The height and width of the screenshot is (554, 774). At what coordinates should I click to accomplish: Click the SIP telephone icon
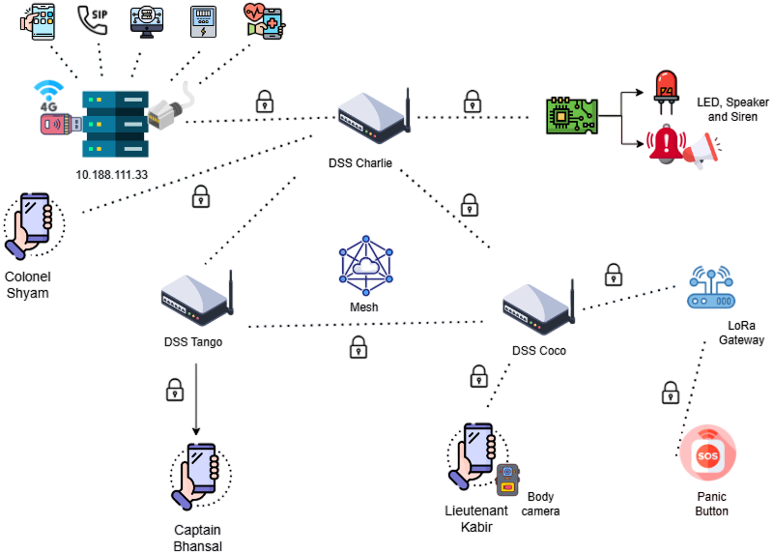coord(92,19)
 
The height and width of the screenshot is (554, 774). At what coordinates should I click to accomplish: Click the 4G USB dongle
coord(56,124)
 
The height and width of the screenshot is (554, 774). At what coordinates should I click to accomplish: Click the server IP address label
coord(111,174)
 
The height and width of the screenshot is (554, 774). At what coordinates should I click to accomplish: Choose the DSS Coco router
coord(539,308)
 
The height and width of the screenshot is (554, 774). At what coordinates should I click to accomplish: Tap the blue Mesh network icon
coord(366,267)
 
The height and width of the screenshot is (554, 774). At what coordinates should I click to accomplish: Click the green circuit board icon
coord(571,114)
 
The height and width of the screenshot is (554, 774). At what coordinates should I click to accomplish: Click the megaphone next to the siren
coord(702,150)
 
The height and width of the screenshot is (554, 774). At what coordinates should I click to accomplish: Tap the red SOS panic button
coord(708,453)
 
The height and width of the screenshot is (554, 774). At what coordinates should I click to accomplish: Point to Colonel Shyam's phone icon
coord(33,223)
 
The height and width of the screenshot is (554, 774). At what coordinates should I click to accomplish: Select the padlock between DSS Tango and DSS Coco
coord(358,346)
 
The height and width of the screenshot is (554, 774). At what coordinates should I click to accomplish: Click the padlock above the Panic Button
coord(670,392)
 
